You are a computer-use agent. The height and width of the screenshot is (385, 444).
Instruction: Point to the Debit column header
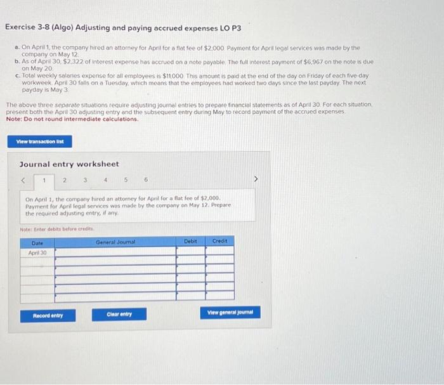click(x=190, y=241)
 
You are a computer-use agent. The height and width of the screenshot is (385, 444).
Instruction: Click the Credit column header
click(x=219, y=241)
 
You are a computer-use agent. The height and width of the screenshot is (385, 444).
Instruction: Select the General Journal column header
click(x=115, y=241)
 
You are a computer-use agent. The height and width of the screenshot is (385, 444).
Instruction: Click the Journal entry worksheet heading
click(x=69, y=164)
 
